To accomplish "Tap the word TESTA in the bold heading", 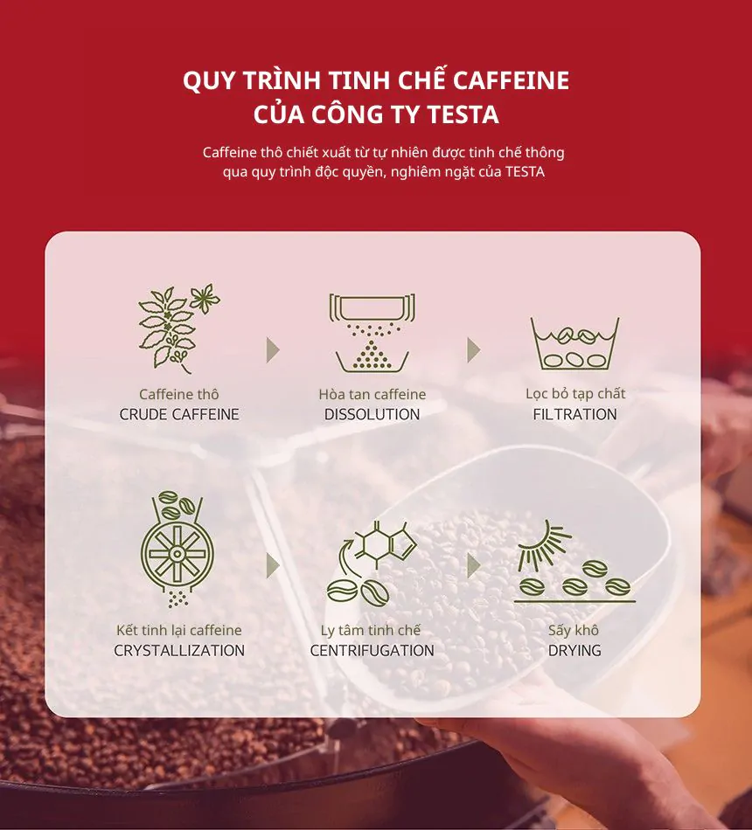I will [x=464, y=114].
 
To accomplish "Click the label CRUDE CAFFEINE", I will [x=179, y=414].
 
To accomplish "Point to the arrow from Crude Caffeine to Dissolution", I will [x=273, y=350].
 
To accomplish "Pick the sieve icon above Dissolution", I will [x=372, y=332].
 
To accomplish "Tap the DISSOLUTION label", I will [x=372, y=414].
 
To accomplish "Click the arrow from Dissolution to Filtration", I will [x=473, y=350].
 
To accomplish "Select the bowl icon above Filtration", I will [x=574, y=343].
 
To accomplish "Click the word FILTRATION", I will [x=574, y=414].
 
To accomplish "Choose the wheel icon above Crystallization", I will [x=178, y=548].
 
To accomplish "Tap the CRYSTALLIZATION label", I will [x=179, y=650].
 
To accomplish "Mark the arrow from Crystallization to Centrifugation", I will [x=273, y=565].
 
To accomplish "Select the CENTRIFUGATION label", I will [x=372, y=650].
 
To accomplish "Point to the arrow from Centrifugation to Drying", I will [x=473, y=565].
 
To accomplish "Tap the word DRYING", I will [x=574, y=650].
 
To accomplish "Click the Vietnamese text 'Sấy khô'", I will [x=574, y=630].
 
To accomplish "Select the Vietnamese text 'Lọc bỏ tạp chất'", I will [x=574, y=394].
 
